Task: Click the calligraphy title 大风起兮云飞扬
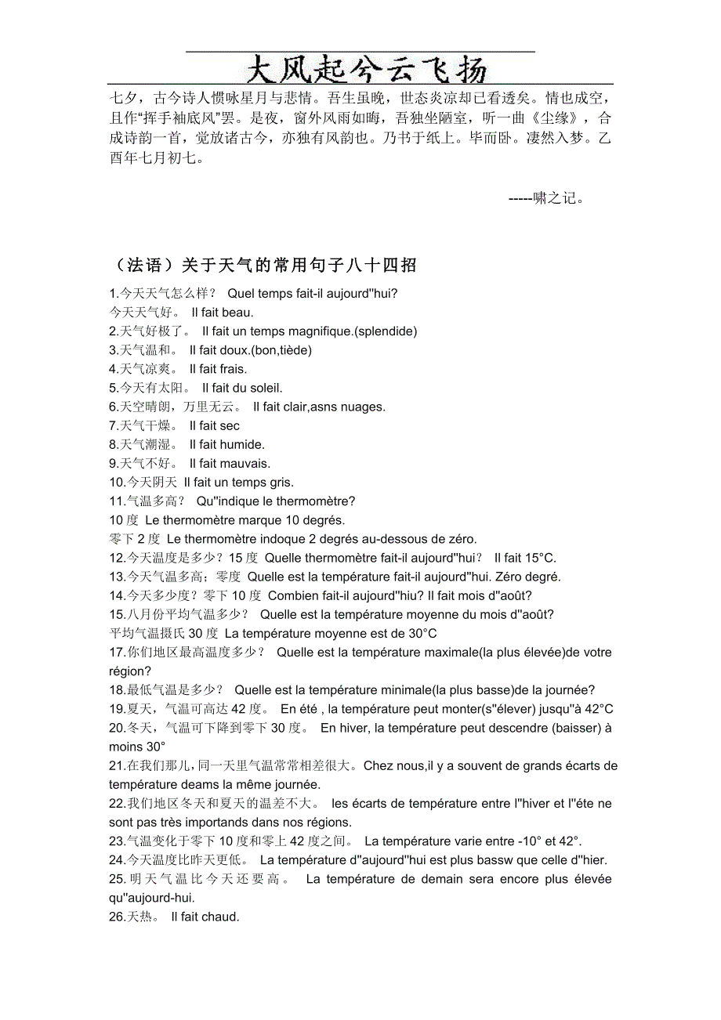(x=366, y=69)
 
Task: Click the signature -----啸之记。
(x=546, y=198)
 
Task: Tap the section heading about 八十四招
(x=263, y=266)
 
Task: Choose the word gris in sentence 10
(x=281, y=482)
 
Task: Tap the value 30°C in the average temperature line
(x=422, y=633)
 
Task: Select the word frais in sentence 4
(x=233, y=369)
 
